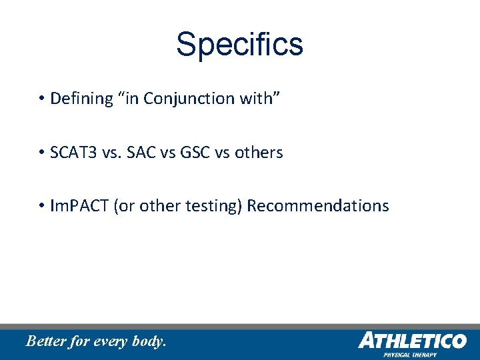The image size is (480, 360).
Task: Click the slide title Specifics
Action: [239, 44]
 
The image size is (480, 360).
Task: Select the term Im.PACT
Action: [80, 206]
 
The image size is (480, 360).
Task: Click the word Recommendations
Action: [317, 206]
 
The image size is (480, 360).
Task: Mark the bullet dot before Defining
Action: [41, 99]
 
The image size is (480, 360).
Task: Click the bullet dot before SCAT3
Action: [41, 153]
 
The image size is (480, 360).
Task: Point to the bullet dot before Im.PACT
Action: [41, 207]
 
